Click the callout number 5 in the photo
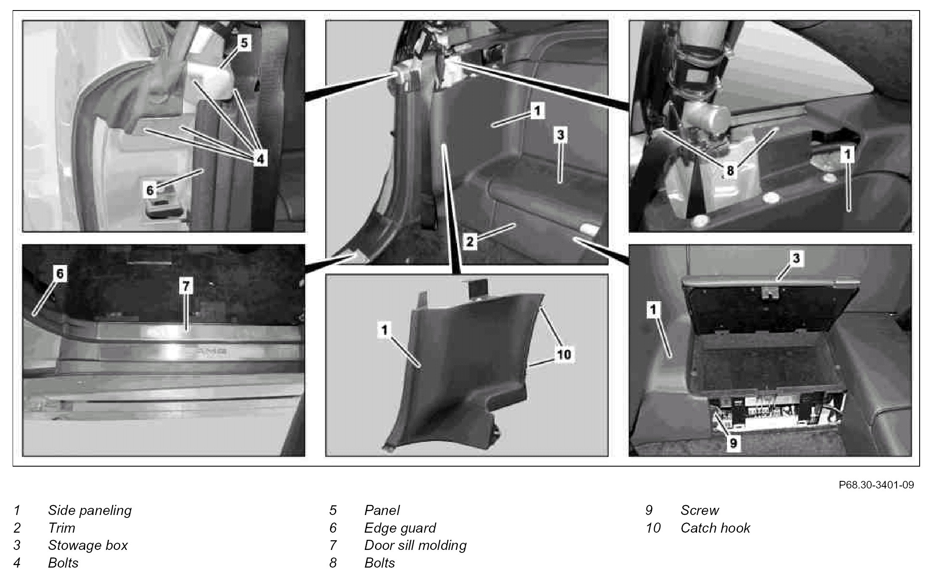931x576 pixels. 245,43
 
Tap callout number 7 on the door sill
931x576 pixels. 186,286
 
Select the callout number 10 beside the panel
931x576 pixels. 564,354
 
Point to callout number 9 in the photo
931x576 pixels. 733,443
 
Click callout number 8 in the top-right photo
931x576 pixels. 730,170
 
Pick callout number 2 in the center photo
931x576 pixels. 470,242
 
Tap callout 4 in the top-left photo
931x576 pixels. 260,159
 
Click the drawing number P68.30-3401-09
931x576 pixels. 876,485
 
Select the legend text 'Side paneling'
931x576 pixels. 90,510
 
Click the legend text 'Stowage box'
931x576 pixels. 88,545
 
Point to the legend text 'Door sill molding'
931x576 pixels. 415,545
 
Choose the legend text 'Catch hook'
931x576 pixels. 715,528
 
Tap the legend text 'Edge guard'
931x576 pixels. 400,528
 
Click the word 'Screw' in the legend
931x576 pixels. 700,510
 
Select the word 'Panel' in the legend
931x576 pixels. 382,510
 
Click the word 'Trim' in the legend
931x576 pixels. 61,528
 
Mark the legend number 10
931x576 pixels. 653,528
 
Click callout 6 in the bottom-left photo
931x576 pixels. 60,274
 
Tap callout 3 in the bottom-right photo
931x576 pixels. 795,258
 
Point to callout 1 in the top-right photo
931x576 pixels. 847,155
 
